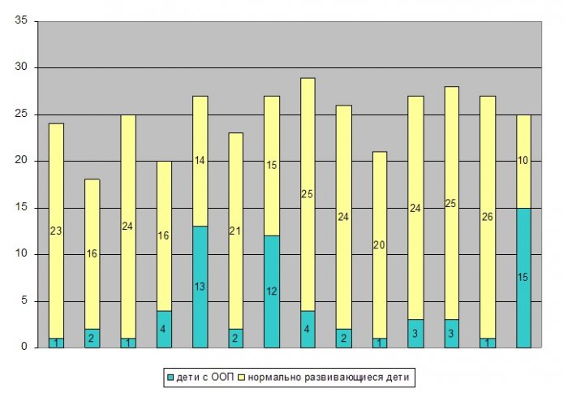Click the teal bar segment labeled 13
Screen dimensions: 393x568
pos(200,287)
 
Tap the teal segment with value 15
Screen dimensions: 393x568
pos(523,277)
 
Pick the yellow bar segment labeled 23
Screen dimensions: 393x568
pos(56,231)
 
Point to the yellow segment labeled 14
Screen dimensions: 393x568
pos(200,161)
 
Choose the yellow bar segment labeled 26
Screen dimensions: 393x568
pos(487,217)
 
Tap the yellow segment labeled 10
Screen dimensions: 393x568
pos(523,161)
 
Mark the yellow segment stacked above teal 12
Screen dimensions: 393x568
pos(273,166)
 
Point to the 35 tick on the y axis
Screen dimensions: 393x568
pos(22,20)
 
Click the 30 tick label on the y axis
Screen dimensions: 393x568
pos(22,67)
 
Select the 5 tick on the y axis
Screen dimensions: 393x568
pos(24,301)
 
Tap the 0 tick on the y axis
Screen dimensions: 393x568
pos(24,348)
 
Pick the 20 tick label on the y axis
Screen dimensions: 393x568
pos(22,161)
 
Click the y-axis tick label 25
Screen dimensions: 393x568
pos(22,114)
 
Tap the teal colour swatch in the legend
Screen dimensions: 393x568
pos(169,377)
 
